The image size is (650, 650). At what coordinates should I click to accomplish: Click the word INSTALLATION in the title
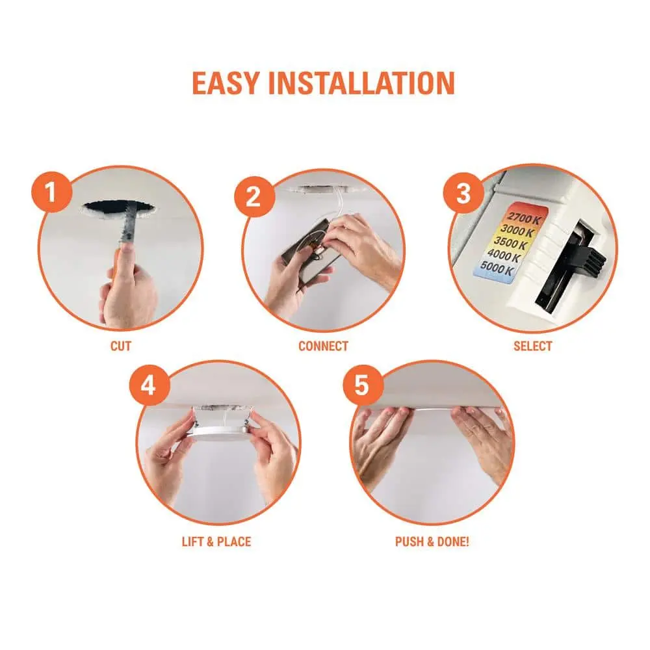coord(362,83)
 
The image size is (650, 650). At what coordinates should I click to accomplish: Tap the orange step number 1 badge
coord(51,192)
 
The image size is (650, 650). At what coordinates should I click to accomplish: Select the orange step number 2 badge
coord(253,196)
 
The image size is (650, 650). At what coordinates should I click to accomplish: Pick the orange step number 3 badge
coord(463,193)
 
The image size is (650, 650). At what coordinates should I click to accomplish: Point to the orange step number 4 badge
coord(149,385)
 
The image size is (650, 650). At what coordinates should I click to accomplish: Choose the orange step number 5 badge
coord(362,385)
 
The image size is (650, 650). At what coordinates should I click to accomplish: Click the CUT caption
coord(121,346)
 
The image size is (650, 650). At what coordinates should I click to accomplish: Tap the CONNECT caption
coord(323,346)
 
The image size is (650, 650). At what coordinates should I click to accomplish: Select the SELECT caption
coord(533,346)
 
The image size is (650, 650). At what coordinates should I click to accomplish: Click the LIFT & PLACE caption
coord(216,542)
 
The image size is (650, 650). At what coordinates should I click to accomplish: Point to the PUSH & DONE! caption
coord(432,542)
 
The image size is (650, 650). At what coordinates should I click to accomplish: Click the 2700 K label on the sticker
coord(523,218)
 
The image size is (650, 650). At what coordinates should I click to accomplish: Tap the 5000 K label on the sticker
coord(497,268)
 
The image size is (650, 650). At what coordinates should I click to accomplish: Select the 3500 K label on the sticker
coord(510,242)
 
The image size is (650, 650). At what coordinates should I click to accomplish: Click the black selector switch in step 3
coord(582,253)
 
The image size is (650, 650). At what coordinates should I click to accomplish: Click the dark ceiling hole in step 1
coord(120,209)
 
